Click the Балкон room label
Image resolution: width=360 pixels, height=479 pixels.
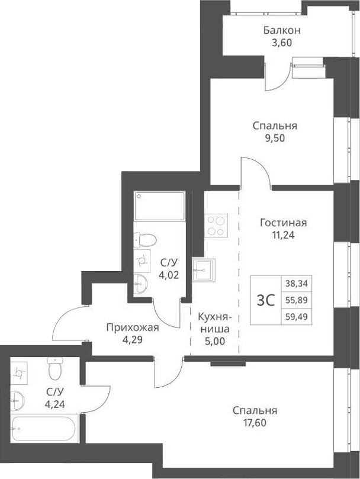click(282, 30)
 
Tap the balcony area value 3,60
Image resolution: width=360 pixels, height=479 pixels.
click(282, 42)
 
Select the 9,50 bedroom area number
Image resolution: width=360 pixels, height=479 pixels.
click(274, 138)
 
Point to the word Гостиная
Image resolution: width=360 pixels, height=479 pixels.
click(283, 223)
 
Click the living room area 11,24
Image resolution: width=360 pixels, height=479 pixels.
click(283, 234)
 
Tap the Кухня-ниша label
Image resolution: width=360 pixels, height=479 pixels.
click(214, 323)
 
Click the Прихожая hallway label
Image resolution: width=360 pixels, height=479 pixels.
click(133, 327)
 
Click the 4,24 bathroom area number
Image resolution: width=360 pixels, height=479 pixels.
click(56, 406)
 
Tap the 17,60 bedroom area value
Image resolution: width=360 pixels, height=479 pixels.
click(255, 422)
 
